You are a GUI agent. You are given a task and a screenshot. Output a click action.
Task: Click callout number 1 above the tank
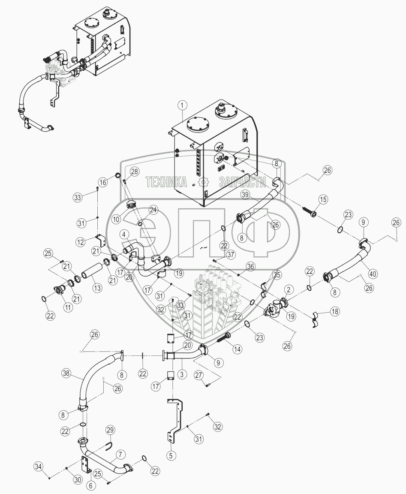click(x=183, y=105)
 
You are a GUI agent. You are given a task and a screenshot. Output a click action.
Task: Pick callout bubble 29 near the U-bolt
click(x=111, y=430)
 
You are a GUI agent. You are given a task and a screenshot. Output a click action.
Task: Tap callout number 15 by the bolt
click(x=323, y=200)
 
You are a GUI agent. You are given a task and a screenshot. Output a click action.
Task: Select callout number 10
click(x=116, y=219)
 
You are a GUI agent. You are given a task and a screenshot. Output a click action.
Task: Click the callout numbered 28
click(x=135, y=172)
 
